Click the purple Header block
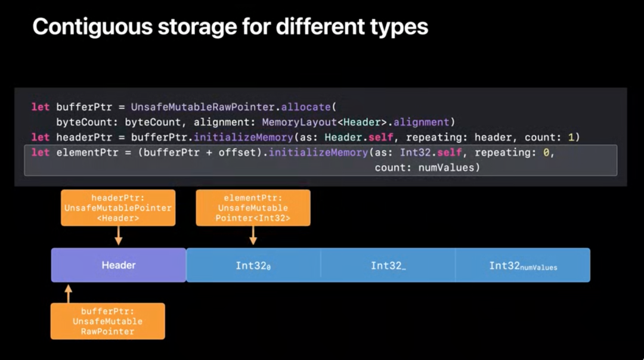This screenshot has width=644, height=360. [119, 265]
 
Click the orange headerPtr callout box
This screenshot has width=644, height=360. [118, 207]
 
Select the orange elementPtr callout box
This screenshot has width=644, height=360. [253, 207]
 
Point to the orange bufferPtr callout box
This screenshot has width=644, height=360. [107, 321]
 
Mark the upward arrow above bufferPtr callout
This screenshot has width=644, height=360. [68, 293]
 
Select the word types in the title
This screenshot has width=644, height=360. [399, 27]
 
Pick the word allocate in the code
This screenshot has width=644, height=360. [306, 107]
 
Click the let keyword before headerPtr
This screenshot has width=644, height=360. [41, 138]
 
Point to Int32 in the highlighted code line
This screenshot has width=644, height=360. [415, 153]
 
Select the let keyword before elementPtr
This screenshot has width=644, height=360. [41, 153]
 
